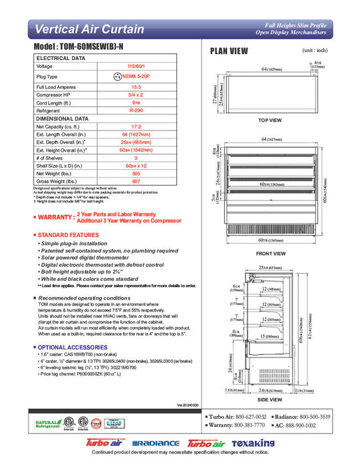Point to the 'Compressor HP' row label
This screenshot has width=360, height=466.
pyautogui.click(x=55, y=95)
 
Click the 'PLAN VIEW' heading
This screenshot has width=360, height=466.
pyautogui.click(x=229, y=51)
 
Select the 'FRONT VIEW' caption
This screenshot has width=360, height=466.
pyautogui.click(x=270, y=254)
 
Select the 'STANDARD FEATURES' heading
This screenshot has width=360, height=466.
pyautogui.click(x=68, y=235)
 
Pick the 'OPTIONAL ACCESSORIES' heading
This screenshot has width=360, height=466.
pyautogui.click(x=71, y=348)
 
